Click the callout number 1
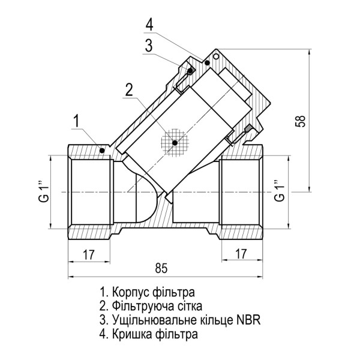point(76,121)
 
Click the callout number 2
point(128,89)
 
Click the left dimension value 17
point(88,254)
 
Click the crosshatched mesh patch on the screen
point(175,143)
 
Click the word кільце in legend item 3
point(212,320)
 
